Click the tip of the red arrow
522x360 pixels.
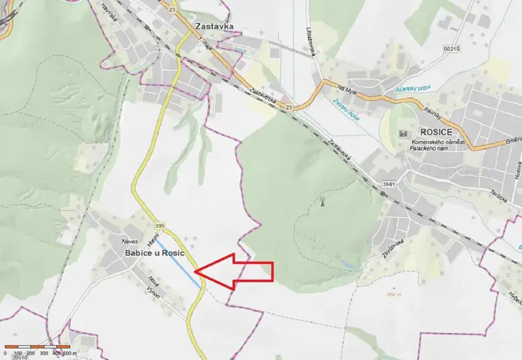[197, 271]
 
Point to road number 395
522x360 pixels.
[159, 225]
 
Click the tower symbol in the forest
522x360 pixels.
[321, 203]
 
